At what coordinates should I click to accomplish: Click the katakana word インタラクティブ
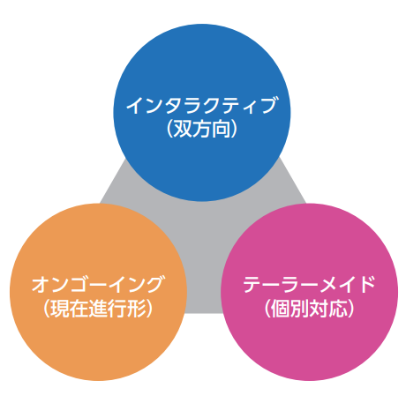(x=202, y=105)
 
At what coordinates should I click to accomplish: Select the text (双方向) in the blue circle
(x=202, y=129)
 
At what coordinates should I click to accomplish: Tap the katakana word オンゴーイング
(x=97, y=284)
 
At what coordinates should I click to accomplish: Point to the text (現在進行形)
(x=98, y=308)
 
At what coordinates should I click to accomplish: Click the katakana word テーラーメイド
(x=309, y=284)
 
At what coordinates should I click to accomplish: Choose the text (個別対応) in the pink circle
(x=309, y=308)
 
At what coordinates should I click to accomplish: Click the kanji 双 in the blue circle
(x=183, y=129)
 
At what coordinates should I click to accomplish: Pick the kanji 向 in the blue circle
(x=221, y=129)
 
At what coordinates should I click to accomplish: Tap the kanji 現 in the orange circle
(x=60, y=309)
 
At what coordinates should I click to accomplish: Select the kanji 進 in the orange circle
(x=98, y=309)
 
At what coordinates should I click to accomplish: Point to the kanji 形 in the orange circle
(x=136, y=309)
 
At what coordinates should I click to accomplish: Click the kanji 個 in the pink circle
(x=281, y=309)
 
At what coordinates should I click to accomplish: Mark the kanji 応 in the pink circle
(x=337, y=309)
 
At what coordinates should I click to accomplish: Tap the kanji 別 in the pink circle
(x=300, y=309)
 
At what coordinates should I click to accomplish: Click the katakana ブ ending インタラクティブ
(x=267, y=105)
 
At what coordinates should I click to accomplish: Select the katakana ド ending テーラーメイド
(x=367, y=284)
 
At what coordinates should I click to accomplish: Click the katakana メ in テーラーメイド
(x=328, y=284)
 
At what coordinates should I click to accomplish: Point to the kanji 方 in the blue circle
(x=202, y=129)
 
